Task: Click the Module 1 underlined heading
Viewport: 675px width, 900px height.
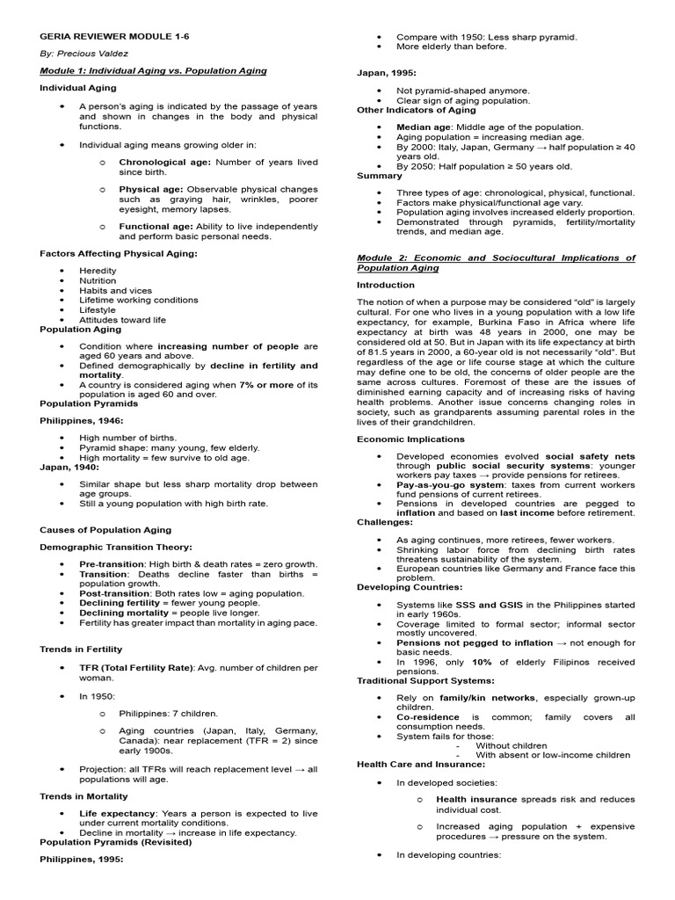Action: point(153,70)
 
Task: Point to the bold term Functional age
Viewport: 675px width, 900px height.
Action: point(156,226)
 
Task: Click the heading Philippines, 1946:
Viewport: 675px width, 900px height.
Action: point(76,420)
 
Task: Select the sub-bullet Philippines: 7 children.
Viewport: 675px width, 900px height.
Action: point(168,714)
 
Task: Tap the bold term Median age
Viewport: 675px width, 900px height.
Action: point(425,127)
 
